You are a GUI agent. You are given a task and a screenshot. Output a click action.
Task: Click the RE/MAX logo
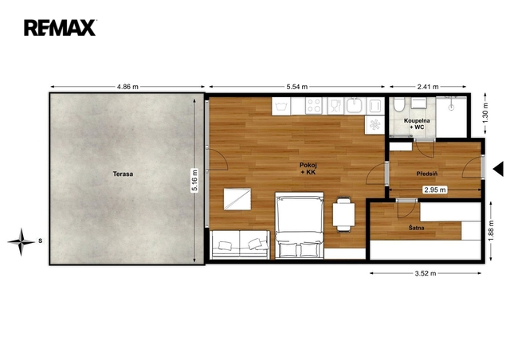pos(60,28)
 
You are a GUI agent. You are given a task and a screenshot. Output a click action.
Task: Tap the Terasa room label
pos(123,174)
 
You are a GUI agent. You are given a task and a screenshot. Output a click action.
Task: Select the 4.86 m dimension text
pos(127,87)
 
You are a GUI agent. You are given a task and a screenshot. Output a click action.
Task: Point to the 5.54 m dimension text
pos(297,87)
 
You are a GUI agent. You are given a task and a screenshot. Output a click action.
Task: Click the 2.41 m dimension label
pos(428,87)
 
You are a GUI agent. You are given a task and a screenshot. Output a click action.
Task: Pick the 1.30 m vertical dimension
pos(485,113)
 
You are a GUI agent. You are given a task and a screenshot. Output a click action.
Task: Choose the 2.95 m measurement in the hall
pos(435,190)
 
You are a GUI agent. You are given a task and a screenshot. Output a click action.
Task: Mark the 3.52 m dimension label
pos(426,273)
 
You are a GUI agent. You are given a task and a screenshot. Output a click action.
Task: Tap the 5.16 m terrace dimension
pos(194,181)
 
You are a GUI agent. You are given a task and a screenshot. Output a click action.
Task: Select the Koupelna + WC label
pos(417,124)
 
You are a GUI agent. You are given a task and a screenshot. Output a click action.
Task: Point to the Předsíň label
pos(427,174)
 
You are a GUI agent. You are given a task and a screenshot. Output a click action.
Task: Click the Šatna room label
pos(416,228)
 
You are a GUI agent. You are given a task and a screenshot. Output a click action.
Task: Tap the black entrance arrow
pos(498,169)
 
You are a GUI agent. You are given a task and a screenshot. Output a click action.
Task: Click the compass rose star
pos(22,241)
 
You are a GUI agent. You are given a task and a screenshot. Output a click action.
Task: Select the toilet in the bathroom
pos(398,104)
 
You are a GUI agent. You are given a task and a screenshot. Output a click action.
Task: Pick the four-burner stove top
pos(314,106)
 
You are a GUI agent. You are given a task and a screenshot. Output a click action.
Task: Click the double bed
pos(300,225)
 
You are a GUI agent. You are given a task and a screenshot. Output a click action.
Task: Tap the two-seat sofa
pos(240,245)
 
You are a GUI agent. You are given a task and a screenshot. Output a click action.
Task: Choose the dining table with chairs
pos(343,214)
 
